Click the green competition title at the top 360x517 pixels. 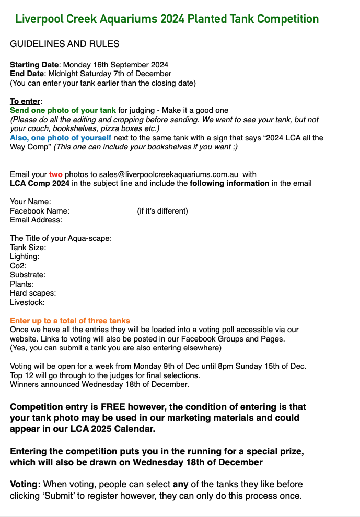pyautogui.click(x=167, y=19)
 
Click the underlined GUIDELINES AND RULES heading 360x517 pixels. pyautogui.click(x=65, y=44)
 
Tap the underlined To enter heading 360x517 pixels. pyautogui.click(x=25, y=101)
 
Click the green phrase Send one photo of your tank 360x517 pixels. pyautogui.click(x=63, y=110)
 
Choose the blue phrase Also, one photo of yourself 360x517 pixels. pyautogui.click(x=61, y=138)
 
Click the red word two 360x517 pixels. pyautogui.click(x=55, y=174)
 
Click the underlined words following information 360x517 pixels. pyautogui.click(x=229, y=183)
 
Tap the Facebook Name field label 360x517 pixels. pyautogui.click(x=40, y=211)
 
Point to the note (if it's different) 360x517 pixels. pyautogui.click(x=162, y=211)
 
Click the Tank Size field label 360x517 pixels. pyautogui.click(x=28, y=247)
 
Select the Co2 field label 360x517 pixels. pyautogui.click(x=18, y=265)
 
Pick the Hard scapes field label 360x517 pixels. pyautogui.click(x=33, y=293)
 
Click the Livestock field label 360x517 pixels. pyautogui.click(x=27, y=302)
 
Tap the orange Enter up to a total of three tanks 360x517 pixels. pyautogui.click(x=70, y=320)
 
